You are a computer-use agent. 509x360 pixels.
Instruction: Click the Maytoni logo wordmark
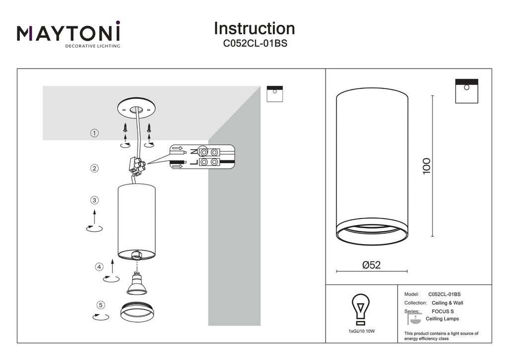(69, 32)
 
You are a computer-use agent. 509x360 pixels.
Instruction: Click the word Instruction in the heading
(254, 28)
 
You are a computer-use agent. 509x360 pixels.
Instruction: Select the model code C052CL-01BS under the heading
(255, 43)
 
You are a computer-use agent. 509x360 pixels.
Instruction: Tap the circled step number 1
(94, 133)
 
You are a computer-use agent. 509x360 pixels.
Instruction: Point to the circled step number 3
(94, 200)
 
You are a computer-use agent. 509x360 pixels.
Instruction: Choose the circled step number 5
(100, 305)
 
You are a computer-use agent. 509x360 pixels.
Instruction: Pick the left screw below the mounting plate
(125, 127)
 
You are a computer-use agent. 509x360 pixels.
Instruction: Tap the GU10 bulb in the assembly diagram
(137, 284)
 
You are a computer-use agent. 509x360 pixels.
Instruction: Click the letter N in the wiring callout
(193, 152)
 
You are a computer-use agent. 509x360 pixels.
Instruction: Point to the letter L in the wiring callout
(193, 162)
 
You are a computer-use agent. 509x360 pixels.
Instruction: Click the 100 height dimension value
(426, 166)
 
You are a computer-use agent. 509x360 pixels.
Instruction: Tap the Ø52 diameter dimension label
(371, 265)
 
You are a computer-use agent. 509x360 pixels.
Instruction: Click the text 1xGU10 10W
(362, 332)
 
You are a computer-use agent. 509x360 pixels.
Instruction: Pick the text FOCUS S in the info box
(443, 311)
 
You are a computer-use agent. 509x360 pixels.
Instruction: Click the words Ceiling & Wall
(447, 303)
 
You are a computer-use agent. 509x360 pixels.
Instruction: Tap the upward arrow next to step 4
(112, 266)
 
